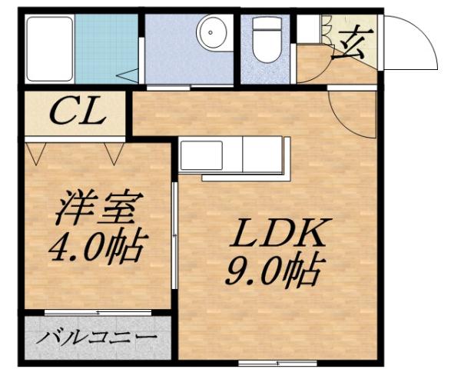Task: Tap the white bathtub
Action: (x=49, y=47)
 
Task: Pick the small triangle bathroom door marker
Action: (x=128, y=75)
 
